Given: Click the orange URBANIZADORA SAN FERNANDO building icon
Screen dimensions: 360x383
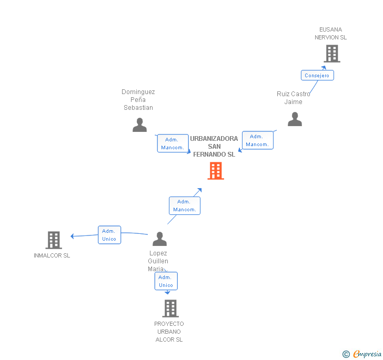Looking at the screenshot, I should (x=216, y=171).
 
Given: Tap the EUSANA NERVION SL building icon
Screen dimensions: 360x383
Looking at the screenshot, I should (x=331, y=54).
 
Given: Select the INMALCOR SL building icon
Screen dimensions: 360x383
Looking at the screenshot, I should (x=54, y=240).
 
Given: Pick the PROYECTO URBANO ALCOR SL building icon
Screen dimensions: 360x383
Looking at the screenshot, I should (x=170, y=308).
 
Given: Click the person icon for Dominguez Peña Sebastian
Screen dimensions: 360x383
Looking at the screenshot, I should (x=139, y=125).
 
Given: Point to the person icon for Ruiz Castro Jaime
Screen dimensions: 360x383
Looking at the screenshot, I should (x=295, y=120).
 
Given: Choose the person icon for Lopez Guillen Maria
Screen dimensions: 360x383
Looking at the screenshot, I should (x=159, y=239).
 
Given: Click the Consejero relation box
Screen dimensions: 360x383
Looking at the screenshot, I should (x=317, y=75).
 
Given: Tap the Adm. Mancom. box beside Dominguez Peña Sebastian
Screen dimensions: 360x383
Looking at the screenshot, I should (x=173, y=143).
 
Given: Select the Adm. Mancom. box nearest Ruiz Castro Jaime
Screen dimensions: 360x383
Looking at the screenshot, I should (x=257, y=140).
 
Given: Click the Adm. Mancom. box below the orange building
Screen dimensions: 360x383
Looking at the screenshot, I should (x=185, y=205).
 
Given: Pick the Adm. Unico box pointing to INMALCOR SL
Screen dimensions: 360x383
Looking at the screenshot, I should (x=109, y=235).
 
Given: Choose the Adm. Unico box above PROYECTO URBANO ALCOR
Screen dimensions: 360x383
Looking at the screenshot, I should (x=166, y=281).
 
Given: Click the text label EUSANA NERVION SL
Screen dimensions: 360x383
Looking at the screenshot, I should (x=330, y=34).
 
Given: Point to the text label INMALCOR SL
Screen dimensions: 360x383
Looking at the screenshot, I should (x=52, y=256).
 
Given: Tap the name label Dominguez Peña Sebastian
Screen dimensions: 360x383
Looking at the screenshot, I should (x=138, y=100).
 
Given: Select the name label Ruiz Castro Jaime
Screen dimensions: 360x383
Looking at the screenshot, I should (x=294, y=98).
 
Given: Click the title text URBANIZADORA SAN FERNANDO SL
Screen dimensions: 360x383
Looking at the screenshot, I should (x=214, y=147).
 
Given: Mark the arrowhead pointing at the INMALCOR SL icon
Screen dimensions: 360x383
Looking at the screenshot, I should (x=73, y=236).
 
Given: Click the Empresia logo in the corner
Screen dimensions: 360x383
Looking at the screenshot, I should (x=362, y=354).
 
